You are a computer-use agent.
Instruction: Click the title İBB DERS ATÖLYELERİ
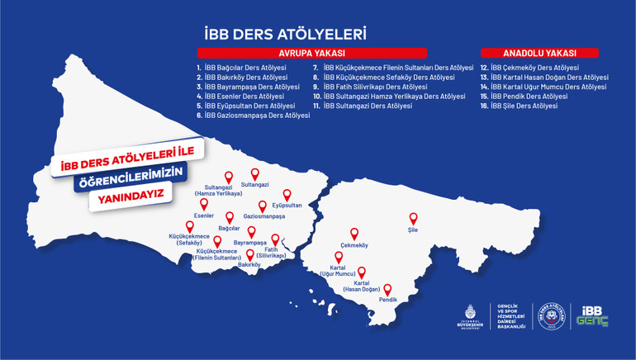pyautogui.click(x=284, y=35)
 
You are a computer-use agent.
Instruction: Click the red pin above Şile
pyautogui.click(x=413, y=218)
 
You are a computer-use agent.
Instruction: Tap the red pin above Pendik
pyautogui.click(x=387, y=289)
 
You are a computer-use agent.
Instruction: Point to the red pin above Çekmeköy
pyautogui.click(x=354, y=234)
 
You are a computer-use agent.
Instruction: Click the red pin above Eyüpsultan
pyautogui.click(x=287, y=195)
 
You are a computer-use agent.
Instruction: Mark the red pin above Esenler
pyautogui.click(x=204, y=203)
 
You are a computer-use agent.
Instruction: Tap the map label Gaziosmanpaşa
pyautogui.click(x=263, y=216)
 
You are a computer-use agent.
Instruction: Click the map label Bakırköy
pyautogui.click(x=249, y=265)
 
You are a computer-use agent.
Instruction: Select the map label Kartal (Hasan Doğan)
pyautogui.click(x=362, y=285)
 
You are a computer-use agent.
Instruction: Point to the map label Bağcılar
pyautogui.click(x=229, y=228)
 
